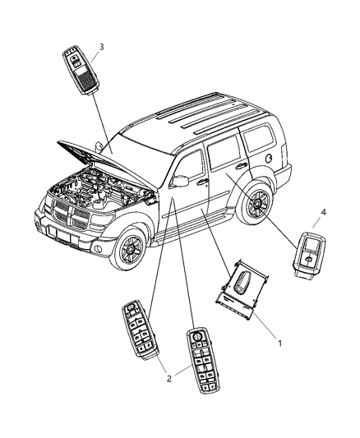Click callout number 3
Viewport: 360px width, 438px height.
coord(101,47)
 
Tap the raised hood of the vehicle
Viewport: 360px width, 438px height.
coord(108,156)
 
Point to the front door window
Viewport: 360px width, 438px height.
coord(192,161)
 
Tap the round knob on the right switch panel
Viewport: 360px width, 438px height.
coord(197,336)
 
